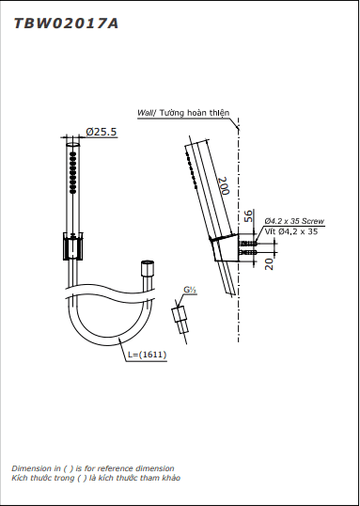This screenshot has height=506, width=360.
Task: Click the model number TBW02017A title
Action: [66, 24]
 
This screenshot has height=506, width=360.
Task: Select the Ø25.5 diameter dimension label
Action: [102, 132]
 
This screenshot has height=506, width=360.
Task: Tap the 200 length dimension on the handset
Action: [223, 185]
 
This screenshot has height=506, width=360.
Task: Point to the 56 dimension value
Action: [248, 216]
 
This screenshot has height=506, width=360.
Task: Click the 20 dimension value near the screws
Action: [270, 263]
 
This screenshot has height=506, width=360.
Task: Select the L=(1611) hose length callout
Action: [147, 355]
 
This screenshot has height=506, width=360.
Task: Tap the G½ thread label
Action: [190, 290]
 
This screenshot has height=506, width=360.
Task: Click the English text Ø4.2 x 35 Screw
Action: [294, 221]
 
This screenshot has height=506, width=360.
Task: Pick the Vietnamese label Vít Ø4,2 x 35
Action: [291, 231]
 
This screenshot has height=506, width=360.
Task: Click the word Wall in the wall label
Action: [144, 113]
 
